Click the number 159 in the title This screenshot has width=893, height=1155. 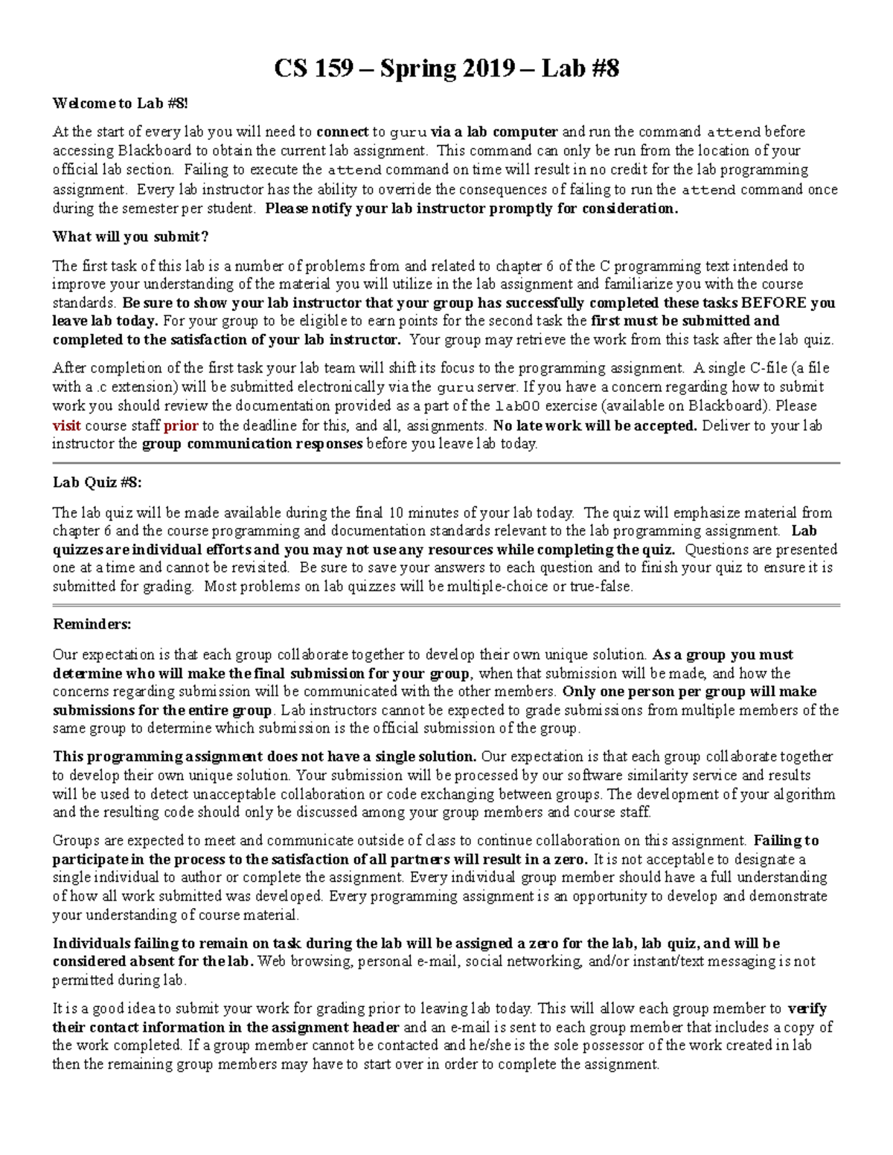point(333,68)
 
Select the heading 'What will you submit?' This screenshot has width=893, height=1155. point(130,237)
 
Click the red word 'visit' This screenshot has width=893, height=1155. point(66,425)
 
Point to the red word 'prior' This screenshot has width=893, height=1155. point(181,425)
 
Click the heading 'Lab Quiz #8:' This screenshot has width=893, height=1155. point(97,482)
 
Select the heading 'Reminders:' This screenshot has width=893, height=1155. point(92,624)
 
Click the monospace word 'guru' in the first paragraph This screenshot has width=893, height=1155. point(409,132)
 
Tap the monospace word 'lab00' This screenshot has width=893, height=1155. point(513,406)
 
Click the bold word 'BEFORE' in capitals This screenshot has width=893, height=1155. point(774,303)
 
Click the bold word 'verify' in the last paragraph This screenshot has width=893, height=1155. point(807,1008)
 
